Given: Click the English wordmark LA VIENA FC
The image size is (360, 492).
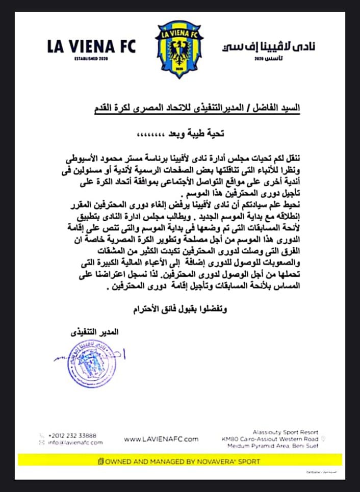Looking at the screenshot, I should coord(91,46).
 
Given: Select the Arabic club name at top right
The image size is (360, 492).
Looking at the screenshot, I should coord(269,46).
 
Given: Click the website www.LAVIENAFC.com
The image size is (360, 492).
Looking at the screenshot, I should coord(161,439).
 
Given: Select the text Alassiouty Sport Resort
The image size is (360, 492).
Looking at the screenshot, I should coord(285,432).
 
